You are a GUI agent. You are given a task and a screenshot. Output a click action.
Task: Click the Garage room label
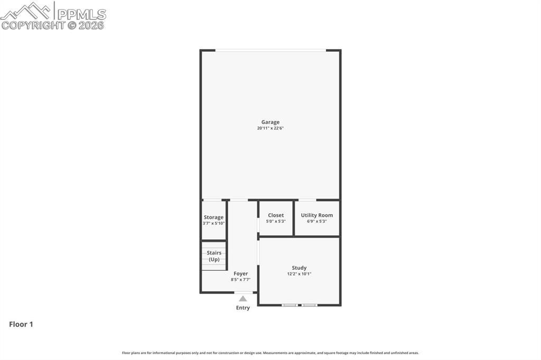coord(270,122)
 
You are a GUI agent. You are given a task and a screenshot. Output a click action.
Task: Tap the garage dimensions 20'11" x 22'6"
coord(270,128)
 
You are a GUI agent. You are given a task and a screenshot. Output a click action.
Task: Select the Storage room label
coord(213,217)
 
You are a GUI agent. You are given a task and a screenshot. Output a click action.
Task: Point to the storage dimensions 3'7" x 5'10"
coord(213,223)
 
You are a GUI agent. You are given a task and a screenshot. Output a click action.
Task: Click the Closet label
coord(276,215)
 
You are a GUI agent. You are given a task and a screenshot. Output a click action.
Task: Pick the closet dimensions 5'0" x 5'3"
coord(276,221)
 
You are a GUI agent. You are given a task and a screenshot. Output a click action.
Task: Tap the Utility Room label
coord(316,215)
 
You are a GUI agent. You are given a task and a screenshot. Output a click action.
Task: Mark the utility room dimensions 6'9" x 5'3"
coord(316,221)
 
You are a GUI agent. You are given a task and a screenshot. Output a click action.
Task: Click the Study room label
coord(299,268)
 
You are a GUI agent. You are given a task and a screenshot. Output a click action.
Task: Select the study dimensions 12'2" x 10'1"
coord(299,274)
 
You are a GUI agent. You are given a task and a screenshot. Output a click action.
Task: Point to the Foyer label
coord(240,273)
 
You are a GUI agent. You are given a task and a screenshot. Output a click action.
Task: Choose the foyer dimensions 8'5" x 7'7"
coord(240,280)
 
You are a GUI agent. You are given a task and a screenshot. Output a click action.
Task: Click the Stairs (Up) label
coord(214,256)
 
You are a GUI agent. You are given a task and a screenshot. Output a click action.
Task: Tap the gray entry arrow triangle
coord(242,299)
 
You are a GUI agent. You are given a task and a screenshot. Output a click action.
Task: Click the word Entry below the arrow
coord(242,308)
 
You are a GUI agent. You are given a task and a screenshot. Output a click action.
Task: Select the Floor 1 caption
coord(21,324)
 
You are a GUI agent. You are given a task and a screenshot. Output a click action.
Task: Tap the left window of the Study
coord(289,305)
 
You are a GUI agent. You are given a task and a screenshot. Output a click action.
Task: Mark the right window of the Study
coord(309,305)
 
